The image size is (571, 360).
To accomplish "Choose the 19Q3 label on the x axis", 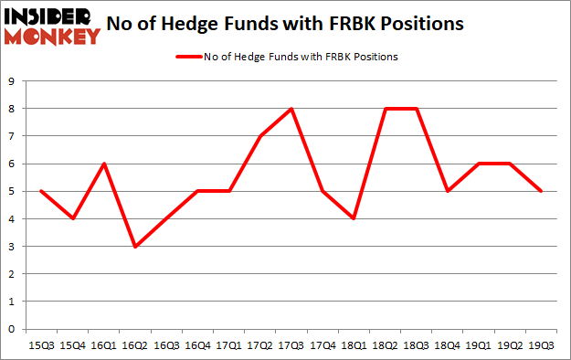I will click(x=542, y=345).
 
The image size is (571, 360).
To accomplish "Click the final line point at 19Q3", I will click(x=542, y=192).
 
